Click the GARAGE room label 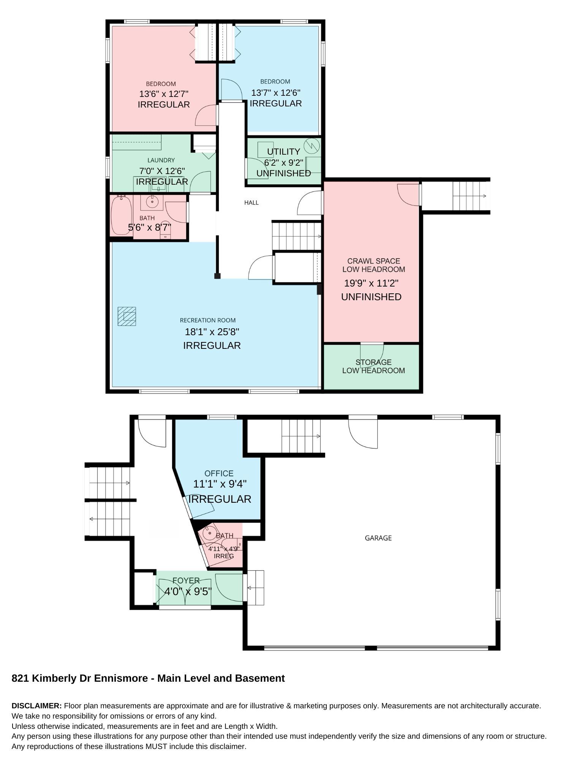tap(378, 538)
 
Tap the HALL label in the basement tap(252, 203)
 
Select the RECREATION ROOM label tap(208, 320)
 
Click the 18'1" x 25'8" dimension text tap(212, 332)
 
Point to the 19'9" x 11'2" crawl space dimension tap(371, 283)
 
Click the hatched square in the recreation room tap(127, 316)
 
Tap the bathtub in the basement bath tap(122, 215)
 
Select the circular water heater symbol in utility tap(312, 145)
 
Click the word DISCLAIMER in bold tap(36, 706)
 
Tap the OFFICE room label tap(219, 473)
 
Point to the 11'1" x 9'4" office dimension tap(220, 484)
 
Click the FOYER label tap(186, 581)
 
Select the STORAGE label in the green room tap(373, 362)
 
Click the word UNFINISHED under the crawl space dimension tap(371, 297)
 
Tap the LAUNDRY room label tap(161, 160)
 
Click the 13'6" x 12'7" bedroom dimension tap(164, 94)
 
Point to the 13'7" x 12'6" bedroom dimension tap(276, 93)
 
